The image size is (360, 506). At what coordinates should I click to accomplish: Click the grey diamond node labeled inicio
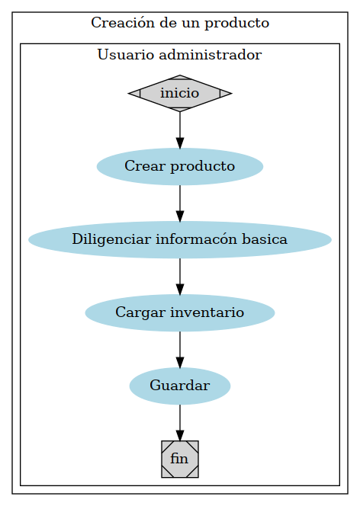180,93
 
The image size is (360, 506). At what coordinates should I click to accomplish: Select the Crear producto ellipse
180,166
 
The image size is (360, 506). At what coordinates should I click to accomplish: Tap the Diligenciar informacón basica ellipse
180,239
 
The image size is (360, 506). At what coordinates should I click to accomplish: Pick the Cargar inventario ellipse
180,312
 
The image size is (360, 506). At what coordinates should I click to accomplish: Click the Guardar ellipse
180,386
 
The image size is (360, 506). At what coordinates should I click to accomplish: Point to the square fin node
180,459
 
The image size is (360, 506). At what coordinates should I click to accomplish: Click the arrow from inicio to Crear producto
180,130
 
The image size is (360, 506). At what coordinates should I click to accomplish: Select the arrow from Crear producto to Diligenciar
180,203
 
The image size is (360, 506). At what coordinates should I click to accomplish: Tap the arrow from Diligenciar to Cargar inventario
180,276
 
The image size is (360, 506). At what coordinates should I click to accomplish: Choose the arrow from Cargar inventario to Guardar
180,349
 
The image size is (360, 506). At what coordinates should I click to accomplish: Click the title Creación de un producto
180,23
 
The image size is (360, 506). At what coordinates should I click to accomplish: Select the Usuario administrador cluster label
180,55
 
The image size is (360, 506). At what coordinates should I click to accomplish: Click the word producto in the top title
239,23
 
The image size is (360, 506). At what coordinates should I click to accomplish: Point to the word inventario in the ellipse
207,312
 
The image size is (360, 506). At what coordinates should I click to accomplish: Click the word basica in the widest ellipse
264,239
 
